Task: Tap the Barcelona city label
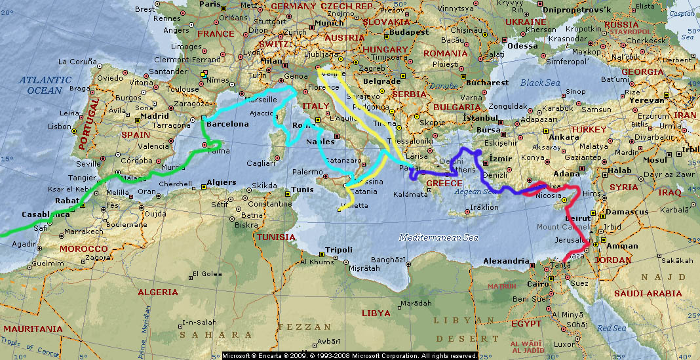coord(227,124)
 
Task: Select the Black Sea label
coord(540,83)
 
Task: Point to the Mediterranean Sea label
coord(438,237)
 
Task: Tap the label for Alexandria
coord(505,261)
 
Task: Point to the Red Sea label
coord(611,328)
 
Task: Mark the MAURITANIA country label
coord(31,329)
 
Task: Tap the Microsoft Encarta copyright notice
coord(350,355)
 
